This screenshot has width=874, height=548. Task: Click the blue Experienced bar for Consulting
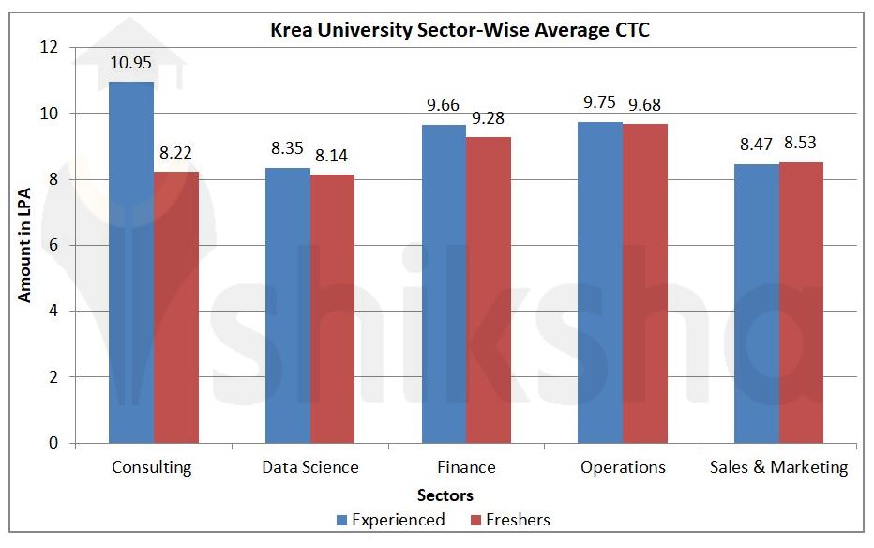(131, 263)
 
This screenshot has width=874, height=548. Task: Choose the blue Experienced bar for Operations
(600, 282)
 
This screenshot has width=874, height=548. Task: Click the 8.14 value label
(333, 156)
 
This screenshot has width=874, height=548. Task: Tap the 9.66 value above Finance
(444, 105)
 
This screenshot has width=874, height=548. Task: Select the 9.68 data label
(645, 105)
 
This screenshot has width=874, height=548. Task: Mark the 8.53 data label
(802, 144)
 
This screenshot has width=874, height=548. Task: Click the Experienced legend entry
(390, 519)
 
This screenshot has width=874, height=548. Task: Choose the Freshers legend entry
(511, 519)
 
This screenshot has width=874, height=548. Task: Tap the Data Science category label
(309, 467)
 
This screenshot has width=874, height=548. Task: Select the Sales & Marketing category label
(778, 467)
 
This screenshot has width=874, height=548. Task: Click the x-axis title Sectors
(446, 495)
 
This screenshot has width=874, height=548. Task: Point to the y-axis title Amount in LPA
(25, 244)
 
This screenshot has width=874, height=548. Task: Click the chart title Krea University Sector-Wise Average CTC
(460, 30)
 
